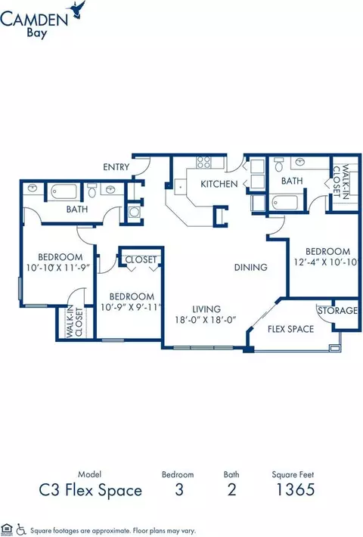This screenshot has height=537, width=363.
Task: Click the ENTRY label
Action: tap(116, 167)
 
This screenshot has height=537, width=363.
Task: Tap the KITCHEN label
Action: tap(219, 185)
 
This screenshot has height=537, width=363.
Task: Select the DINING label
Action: tap(250, 267)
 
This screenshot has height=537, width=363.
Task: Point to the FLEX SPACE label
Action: tap(290, 329)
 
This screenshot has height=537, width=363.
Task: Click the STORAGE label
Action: tap(337, 311)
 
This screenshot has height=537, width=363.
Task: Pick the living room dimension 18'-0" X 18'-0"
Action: tap(206, 320)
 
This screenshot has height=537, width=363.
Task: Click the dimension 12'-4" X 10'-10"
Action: tap(327, 262)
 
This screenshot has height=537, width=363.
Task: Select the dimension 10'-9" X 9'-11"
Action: tap(131, 307)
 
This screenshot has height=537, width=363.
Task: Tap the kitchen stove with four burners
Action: tap(203, 163)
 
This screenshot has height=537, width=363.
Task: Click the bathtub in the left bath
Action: tap(64, 192)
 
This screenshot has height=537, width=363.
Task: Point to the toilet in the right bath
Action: tap(279, 165)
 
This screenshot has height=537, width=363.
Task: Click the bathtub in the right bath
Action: tap(285, 203)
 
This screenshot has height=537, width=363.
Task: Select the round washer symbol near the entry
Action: tap(135, 213)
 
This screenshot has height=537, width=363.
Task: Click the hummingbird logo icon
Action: tap(78, 9)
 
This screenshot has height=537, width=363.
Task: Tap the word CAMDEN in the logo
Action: tap(34, 20)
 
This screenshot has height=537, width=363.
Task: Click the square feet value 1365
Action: tap(295, 489)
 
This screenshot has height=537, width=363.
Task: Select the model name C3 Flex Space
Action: tap(91, 490)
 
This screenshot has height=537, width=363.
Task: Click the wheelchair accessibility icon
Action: tap(22, 529)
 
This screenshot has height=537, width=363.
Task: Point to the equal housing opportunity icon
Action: tap(7, 529)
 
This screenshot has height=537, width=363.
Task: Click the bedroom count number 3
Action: tap(179, 490)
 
